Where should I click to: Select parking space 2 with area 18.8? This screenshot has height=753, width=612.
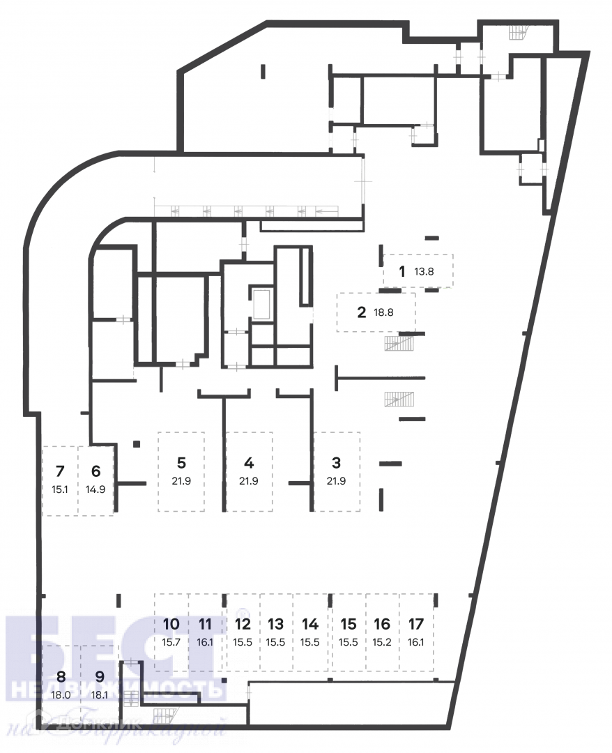click(x=376, y=312)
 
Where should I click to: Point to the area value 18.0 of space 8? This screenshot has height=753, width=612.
click(x=61, y=695)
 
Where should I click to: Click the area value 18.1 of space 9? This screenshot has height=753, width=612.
click(x=100, y=695)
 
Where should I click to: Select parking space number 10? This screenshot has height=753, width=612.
click(x=171, y=624)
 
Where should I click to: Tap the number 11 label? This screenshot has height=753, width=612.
click(x=206, y=624)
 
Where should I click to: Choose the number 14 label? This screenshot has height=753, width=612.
click(x=310, y=624)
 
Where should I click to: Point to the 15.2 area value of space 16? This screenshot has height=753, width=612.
click(x=382, y=643)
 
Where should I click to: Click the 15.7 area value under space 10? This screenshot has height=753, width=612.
click(x=171, y=643)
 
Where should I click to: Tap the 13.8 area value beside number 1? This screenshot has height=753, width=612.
click(x=424, y=272)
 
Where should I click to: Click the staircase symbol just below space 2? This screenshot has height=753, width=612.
click(x=399, y=343)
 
